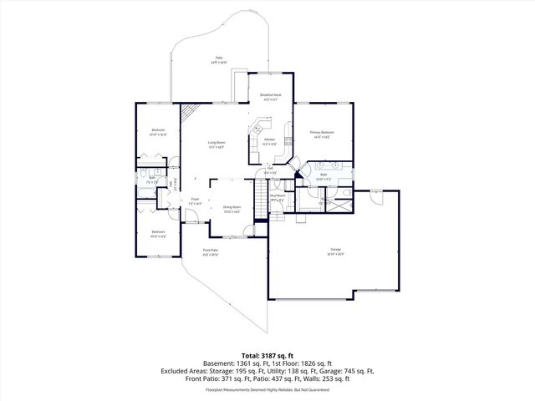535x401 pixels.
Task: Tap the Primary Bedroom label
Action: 322,134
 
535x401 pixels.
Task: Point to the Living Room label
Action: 217,145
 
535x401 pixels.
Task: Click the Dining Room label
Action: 231,209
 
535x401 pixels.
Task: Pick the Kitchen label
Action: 269,141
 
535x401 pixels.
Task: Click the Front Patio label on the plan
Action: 210,252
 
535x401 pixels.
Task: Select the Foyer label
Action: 193,200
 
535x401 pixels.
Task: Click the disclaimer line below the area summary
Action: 267,388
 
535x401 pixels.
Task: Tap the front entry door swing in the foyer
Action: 191,221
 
